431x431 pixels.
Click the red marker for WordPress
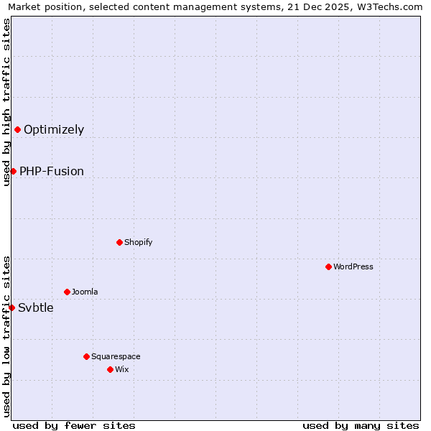(x=328, y=267)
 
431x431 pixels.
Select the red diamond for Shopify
(x=119, y=242)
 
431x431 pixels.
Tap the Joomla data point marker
(x=67, y=292)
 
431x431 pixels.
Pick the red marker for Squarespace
(x=86, y=356)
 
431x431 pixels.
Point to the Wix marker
(x=110, y=369)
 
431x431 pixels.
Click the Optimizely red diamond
(x=17, y=129)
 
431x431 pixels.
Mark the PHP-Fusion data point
(x=13, y=171)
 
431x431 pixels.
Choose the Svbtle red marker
(x=11, y=307)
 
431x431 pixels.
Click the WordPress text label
(x=353, y=267)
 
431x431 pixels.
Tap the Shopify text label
(x=139, y=242)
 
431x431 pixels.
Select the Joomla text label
(x=85, y=292)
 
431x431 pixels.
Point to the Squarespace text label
(x=116, y=356)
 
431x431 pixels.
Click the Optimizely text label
(x=54, y=130)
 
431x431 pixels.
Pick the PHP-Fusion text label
(x=52, y=172)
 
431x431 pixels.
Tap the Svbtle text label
(x=36, y=308)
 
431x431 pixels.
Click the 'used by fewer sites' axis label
(x=74, y=425)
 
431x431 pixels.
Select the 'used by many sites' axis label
(x=361, y=425)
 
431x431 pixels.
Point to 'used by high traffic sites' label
(x=6, y=101)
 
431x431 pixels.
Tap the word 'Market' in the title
(x=24, y=7)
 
